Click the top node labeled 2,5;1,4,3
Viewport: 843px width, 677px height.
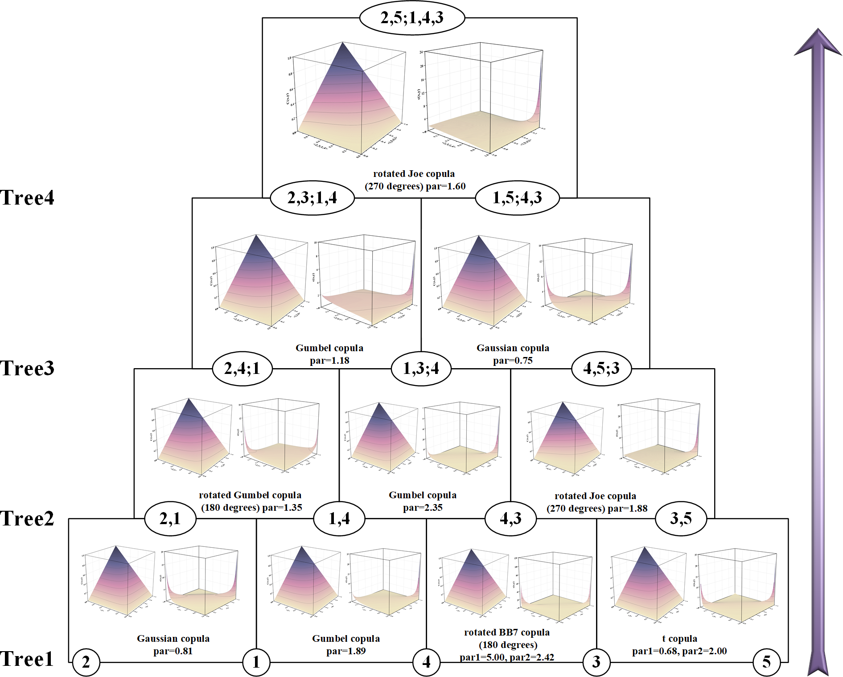412,18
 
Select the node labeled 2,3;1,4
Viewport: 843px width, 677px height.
312,197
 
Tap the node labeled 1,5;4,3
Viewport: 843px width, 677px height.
517,197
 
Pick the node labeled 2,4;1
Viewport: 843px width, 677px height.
242,369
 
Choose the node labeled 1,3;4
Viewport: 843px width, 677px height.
421,369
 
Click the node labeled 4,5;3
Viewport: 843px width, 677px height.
601,369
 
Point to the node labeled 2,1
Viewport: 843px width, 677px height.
170,518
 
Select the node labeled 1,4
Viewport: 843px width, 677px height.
339,518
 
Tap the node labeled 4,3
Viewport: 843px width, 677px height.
510,518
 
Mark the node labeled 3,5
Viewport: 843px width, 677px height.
681,518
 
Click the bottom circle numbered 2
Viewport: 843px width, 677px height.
86,662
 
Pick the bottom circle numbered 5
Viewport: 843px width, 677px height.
766,662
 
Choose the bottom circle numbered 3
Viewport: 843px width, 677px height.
596,662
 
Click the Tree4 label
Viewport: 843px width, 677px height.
27,198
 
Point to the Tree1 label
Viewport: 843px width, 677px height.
27,659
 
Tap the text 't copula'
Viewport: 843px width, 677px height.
679,639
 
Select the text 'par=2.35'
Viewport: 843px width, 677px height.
423,508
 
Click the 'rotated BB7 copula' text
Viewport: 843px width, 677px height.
507,632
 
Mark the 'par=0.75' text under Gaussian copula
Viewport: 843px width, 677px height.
513,361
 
